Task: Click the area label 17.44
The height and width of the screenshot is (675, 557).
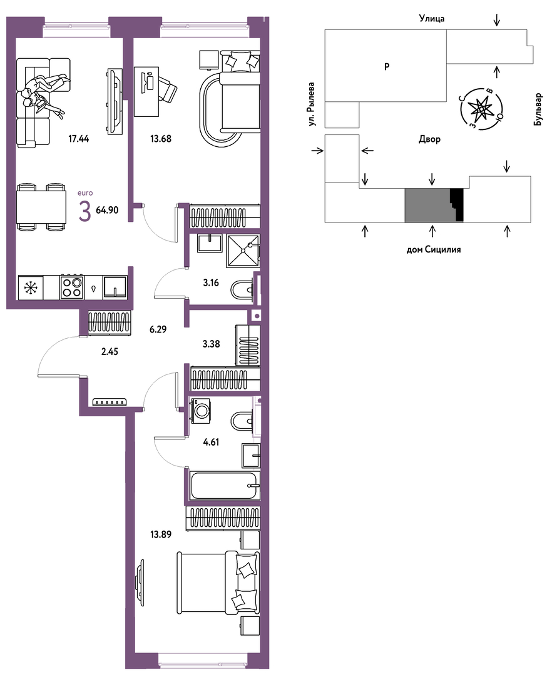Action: coord(78,139)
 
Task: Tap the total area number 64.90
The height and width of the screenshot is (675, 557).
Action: coord(107,210)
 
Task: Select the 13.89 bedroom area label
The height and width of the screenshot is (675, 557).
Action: coord(161,534)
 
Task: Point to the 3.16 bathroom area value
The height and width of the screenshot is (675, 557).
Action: coord(211,283)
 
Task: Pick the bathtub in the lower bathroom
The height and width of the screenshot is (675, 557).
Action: coord(225,486)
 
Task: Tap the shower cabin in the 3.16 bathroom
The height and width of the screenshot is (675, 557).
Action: coord(243,251)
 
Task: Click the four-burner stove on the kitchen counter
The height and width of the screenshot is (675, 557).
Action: coord(71,287)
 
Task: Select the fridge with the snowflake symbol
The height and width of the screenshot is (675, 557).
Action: coord(30,287)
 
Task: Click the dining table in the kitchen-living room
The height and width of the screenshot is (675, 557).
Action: coord(41,207)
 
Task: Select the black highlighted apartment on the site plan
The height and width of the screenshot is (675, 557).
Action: coord(457,205)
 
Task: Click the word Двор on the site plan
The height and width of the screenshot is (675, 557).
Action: coord(429,139)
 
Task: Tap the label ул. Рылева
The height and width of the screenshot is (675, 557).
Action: coord(312,104)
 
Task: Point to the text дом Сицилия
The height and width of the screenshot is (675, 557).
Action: coord(433,249)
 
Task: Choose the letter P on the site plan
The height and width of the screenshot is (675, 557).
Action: coord(387,67)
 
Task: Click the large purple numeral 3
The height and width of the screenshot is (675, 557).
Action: coord(85,212)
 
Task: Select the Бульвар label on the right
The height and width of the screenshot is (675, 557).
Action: coord(538,110)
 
